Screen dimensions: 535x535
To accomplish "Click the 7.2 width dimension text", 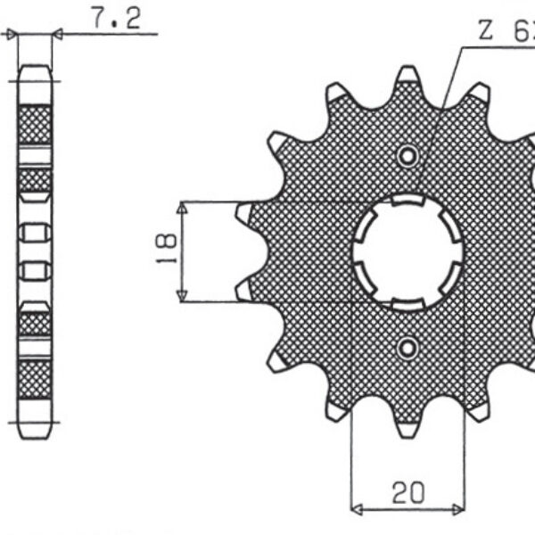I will [115, 19].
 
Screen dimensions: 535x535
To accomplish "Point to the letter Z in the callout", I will [486, 33].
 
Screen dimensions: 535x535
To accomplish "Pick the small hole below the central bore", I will [408, 347].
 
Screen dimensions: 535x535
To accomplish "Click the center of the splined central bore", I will [408, 252].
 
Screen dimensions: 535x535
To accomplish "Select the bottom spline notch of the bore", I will [408, 303].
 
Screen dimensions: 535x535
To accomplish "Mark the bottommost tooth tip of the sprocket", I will [408, 432].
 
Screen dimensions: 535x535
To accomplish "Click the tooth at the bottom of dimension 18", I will [243, 289].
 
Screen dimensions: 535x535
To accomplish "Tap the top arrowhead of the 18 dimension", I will [182, 208].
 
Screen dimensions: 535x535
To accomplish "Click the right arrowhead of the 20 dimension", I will [459, 511].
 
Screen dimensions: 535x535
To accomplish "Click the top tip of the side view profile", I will [36, 68].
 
